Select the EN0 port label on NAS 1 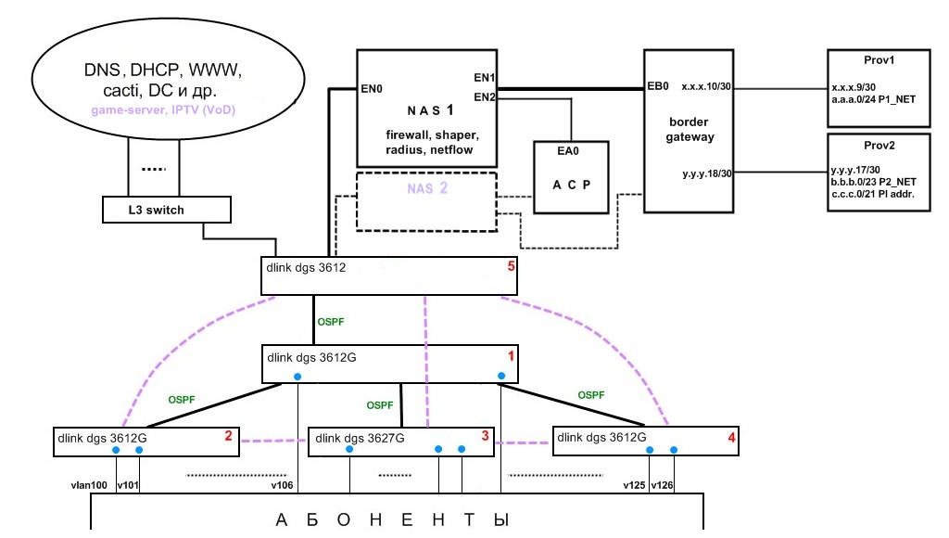tap(373, 90)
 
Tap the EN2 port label tap(485, 96)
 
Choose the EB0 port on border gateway tap(658, 86)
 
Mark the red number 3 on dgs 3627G tap(485, 435)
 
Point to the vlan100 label tap(90, 484)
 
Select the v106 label tap(282, 484)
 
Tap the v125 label tap(633, 484)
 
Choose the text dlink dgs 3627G tap(361, 438)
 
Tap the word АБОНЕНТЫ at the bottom tap(394, 519)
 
